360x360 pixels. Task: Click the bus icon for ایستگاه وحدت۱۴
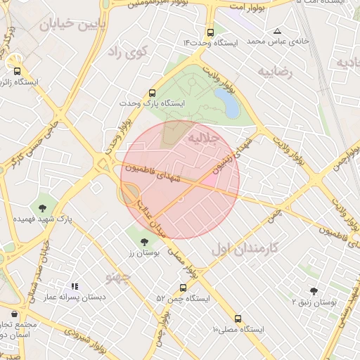(x=211, y=32)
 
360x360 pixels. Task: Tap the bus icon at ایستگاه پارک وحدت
(x=153, y=93)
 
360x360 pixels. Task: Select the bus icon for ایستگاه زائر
(x=18, y=70)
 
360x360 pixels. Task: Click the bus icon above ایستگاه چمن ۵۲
(x=183, y=288)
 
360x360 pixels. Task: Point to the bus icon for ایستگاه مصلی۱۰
(x=238, y=318)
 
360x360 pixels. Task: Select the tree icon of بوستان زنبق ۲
(x=314, y=290)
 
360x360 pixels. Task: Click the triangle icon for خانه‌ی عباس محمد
(x=278, y=32)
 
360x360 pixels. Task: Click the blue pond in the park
(x=227, y=103)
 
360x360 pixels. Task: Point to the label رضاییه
(x=274, y=72)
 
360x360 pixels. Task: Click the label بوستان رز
(x=144, y=252)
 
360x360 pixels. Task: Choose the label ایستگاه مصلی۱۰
(x=238, y=329)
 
